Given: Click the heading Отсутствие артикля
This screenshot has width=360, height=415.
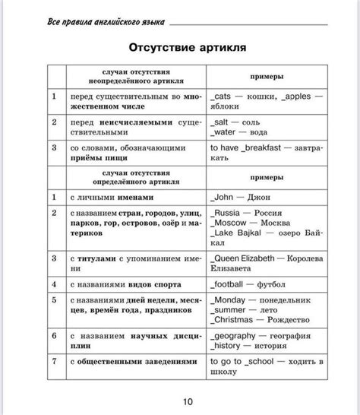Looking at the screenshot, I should coord(186,48).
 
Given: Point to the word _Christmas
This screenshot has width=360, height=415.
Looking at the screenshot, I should coord(235,321).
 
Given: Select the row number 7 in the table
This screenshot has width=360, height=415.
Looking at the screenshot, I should coord(54,360).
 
